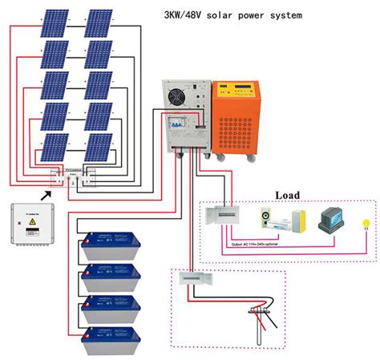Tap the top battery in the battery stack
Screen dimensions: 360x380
113,245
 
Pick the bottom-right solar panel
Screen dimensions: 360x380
99,148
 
